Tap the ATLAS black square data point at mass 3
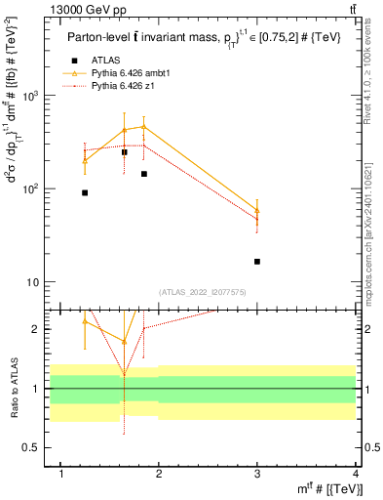257,262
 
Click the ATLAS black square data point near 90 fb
85,192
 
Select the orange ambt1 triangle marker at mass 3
257,210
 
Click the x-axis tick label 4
356,474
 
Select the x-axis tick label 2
159,474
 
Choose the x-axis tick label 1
61,474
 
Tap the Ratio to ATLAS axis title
12,389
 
